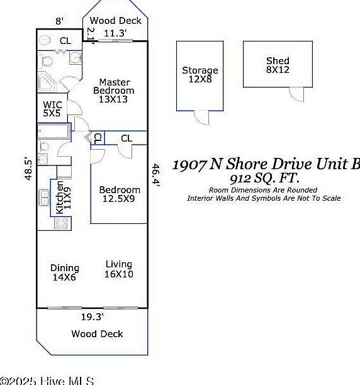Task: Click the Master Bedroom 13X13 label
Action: click(114, 91)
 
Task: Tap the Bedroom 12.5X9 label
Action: click(120, 194)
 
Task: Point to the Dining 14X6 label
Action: click(65, 272)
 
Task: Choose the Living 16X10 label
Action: click(118, 269)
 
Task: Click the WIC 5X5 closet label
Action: click(52, 109)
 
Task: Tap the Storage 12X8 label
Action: click(200, 75)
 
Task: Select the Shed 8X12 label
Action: click(278, 65)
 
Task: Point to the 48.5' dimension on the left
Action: click(28, 169)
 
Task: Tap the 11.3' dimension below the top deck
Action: click(115, 33)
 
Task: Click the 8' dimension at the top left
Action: click(59, 21)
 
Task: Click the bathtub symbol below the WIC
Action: click(53, 131)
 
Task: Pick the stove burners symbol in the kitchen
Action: click(61, 222)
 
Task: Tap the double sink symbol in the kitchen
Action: click(45, 198)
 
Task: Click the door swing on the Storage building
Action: click(201, 117)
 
